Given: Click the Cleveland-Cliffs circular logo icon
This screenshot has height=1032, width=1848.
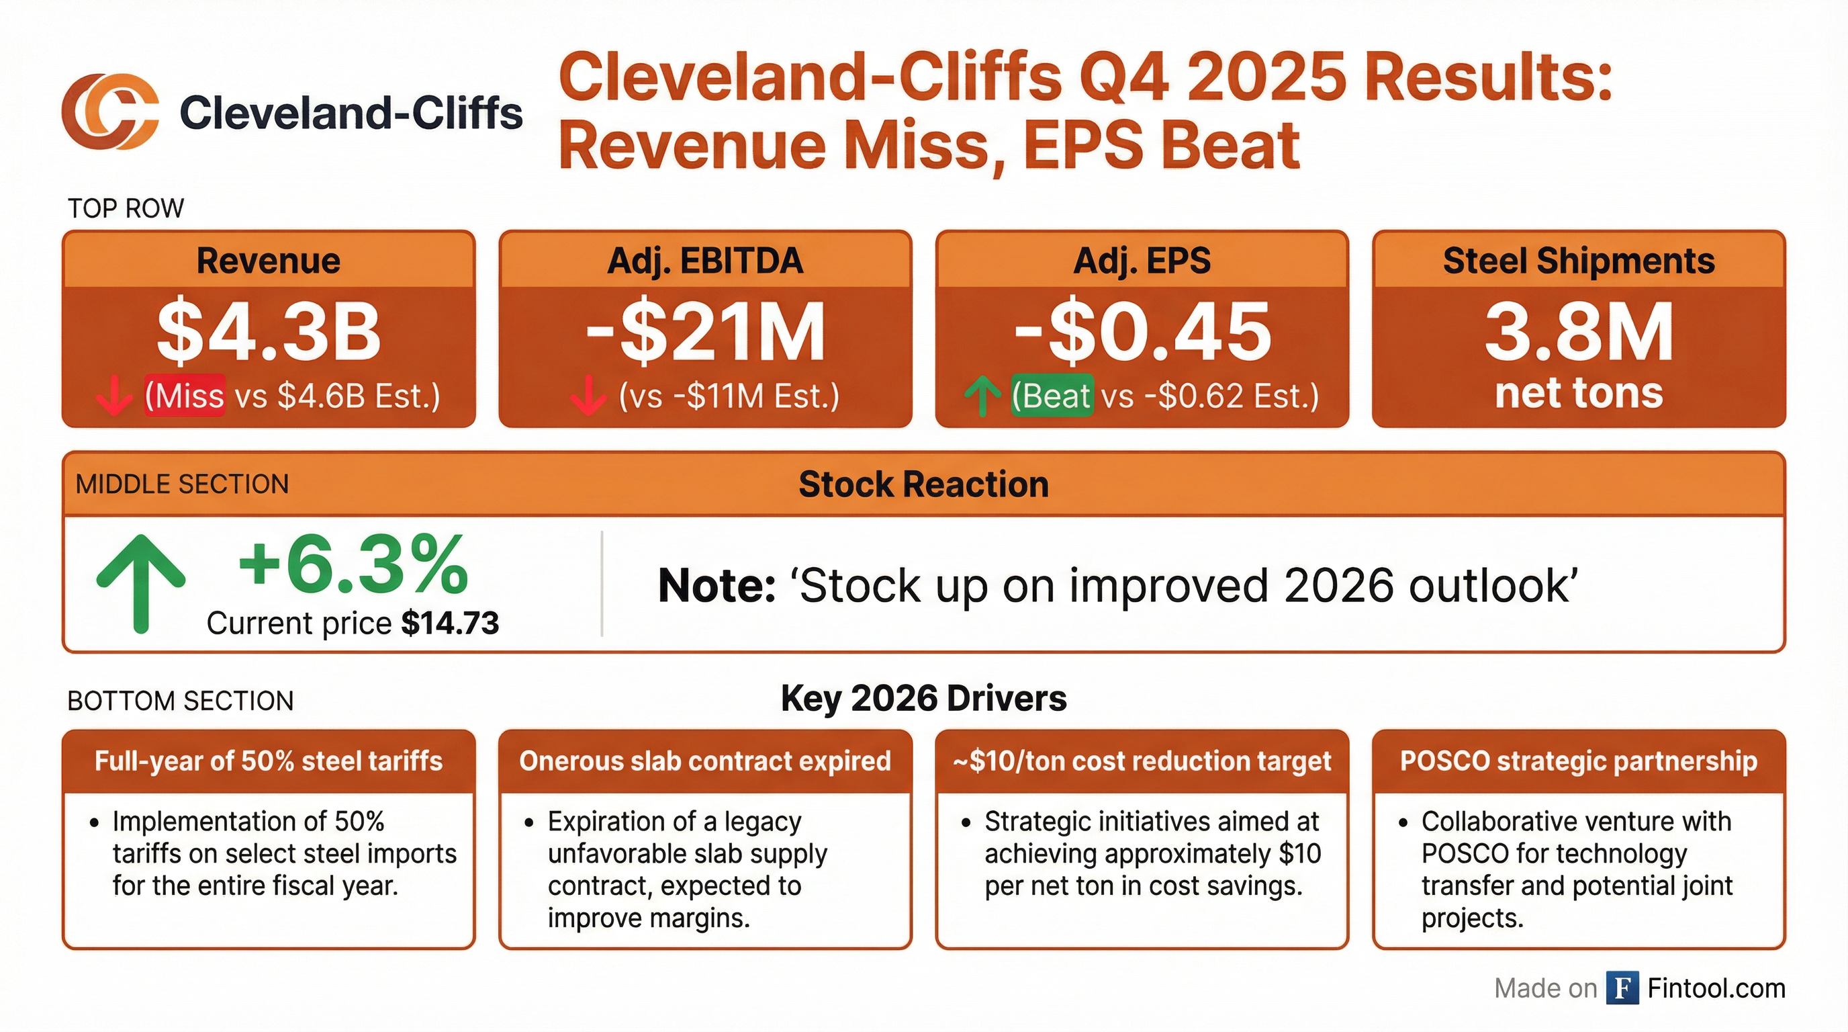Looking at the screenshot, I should click(109, 112).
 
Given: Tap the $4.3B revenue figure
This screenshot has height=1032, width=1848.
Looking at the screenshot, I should click(269, 331).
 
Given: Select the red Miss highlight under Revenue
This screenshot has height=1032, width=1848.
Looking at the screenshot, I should click(185, 396).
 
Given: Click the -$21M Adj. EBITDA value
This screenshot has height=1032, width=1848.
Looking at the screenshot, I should click(705, 331).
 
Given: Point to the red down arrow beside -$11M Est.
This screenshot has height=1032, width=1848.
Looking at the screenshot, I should click(588, 396).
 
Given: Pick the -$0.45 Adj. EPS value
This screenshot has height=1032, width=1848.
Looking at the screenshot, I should click(1142, 331).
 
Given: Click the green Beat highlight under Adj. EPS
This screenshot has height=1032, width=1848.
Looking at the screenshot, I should click(1052, 396).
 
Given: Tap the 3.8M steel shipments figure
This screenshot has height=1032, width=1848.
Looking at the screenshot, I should click(1578, 331).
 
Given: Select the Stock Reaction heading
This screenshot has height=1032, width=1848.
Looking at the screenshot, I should click(923, 484).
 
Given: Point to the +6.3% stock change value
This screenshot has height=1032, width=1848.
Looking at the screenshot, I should click(353, 566).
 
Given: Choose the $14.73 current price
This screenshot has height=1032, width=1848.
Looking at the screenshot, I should click(450, 623).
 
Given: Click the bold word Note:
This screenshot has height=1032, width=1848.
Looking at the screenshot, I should click(717, 586).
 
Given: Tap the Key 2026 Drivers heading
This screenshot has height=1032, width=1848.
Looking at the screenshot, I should click(923, 698).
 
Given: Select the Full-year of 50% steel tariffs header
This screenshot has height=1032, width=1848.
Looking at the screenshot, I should click(269, 761).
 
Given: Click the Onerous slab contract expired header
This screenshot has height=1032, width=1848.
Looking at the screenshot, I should click(705, 761).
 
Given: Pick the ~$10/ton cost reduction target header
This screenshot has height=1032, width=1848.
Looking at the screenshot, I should click(1142, 761).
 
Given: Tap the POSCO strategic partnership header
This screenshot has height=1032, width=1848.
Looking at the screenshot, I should click(1578, 761).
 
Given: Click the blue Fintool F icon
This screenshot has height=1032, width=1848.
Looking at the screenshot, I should click(1622, 988).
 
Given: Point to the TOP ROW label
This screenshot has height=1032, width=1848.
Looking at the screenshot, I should click(126, 209).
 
